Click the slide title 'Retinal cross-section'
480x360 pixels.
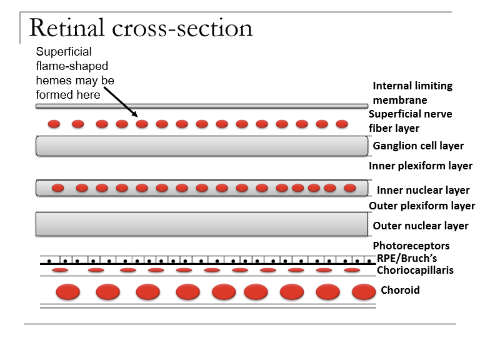pyautogui.click(x=141, y=28)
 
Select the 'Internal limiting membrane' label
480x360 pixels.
pyautogui.click(x=412, y=93)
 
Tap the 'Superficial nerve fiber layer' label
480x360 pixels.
pyautogui.click(x=410, y=121)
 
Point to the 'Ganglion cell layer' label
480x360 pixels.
pyautogui.click(x=418, y=146)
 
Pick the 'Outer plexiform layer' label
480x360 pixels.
pyautogui.click(x=422, y=206)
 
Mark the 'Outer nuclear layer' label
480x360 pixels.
pyautogui.click(x=420, y=226)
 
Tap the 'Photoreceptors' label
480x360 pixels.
pyautogui.click(x=411, y=246)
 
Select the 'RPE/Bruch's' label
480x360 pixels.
pyautogui.click(x=407, y=258)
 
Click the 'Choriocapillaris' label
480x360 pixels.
pyautogui.click(x=414, y=270)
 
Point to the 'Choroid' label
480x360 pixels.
pyautogui.click(x=400, y=290)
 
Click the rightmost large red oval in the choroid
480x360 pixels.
pyautogui.click(x=364, y=292)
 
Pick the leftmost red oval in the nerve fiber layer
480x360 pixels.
pyautogui.click(x=54, y=124)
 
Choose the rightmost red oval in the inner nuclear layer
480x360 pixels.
pyautogui.click(x=349, y=187)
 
